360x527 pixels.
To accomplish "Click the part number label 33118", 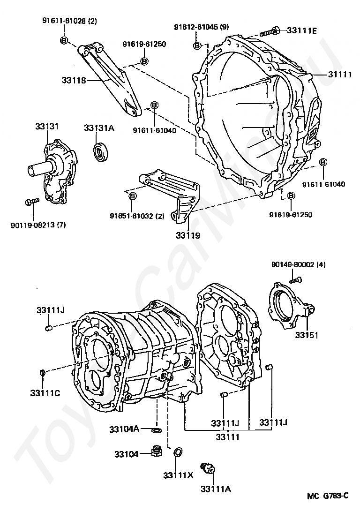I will [x=73, y=80].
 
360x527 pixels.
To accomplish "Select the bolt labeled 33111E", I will [x=268, y=32].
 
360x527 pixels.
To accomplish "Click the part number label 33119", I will [x=187, y=235].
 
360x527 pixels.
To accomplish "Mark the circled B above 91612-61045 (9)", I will [x=197, y=45].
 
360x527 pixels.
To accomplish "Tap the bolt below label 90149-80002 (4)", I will [x=294, y=280].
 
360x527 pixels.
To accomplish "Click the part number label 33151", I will [x=307, y=336].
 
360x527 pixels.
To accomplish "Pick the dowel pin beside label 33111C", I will [x=42, y=373].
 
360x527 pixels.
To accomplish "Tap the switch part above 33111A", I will [x=207, y=467].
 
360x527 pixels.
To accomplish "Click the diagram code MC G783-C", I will [x=328, y=496].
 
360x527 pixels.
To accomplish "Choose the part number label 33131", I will [x=46, y=127].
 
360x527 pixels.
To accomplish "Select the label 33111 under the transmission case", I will [x=228, y=437].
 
